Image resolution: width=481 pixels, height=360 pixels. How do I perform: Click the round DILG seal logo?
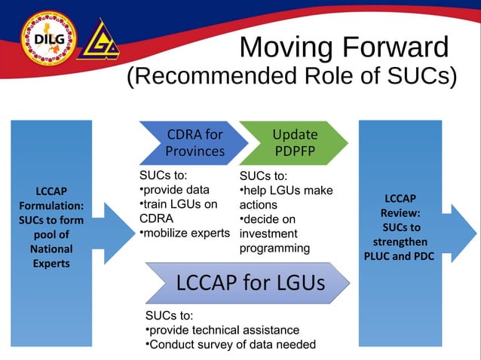point(44,34)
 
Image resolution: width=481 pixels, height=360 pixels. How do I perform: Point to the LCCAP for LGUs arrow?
point(250,283)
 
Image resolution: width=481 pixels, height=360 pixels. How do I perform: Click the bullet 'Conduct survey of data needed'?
point(229,345)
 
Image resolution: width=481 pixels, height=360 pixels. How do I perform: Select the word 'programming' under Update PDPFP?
point(274,248)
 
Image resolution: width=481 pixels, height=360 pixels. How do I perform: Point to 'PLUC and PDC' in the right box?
point(400,256)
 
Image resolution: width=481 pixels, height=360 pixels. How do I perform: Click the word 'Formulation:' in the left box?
point(51,206)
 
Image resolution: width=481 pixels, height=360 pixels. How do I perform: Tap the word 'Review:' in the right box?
point(400,213)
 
